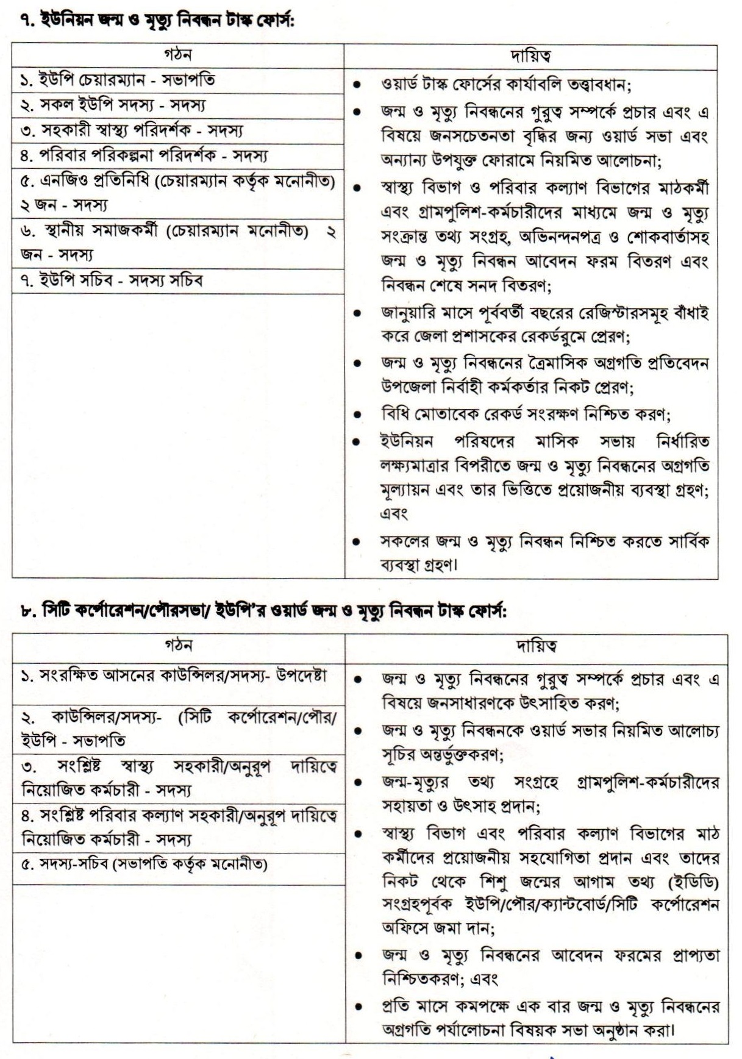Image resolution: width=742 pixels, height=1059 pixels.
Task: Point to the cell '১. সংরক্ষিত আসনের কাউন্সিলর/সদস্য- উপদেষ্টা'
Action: point(174,677)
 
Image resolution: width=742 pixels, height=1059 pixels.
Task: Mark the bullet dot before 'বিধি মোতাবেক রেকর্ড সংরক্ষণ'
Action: point(359,415)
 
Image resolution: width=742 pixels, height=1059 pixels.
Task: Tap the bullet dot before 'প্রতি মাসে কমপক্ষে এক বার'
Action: point(360,1006)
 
